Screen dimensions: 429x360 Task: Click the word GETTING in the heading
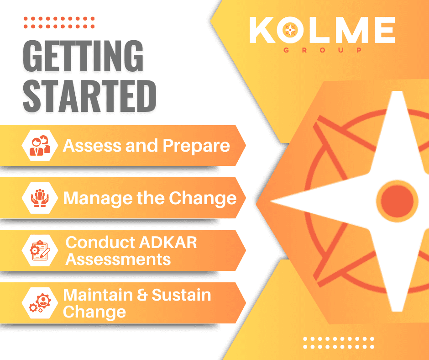pyautogui.click(x=83, y=56)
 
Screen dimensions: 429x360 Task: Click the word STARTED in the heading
pyautogui.click(x=90, y=96)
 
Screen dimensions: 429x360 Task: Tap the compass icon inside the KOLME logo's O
pyautogui.click(x=290, y=30)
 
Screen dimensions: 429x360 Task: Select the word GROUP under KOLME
pyautogui.click(x=323, y=50)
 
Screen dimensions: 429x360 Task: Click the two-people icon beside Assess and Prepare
pyautogui.click(x=40, y=145)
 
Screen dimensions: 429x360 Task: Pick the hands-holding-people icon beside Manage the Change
pyautogui.click(x=40, y=198)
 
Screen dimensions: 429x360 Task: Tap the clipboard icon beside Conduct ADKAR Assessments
pyautogui.click(x=40, y=250)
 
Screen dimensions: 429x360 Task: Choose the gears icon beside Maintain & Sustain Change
pyautogui.click(x=40, y=303)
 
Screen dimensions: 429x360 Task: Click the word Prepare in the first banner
pyautogui.click(x=196, y=146)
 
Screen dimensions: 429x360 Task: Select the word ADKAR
pyautogui.click(x=168, y=243)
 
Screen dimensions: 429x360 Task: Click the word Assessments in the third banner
pyautogui.click(x=118, y=259)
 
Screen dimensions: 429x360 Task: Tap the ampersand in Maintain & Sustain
pyautogui.click(x=142, y=295)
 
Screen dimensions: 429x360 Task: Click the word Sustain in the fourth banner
pyautogui.click(x=181, y=295)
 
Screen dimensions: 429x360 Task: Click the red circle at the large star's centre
pyautogui.click(x=397, y=201)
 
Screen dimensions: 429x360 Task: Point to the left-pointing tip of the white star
pyautogui.click(x=271, y=201)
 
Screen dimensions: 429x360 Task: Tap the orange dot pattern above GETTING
pyautogui.click(x=59, y=22)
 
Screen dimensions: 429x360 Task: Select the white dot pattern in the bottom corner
pyautogui.click(x=339, y=343)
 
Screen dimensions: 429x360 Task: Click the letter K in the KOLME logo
pyautogui.click(x=262, y=30)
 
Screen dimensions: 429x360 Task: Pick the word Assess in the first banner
pyautogui.click(x=92, y=145)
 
